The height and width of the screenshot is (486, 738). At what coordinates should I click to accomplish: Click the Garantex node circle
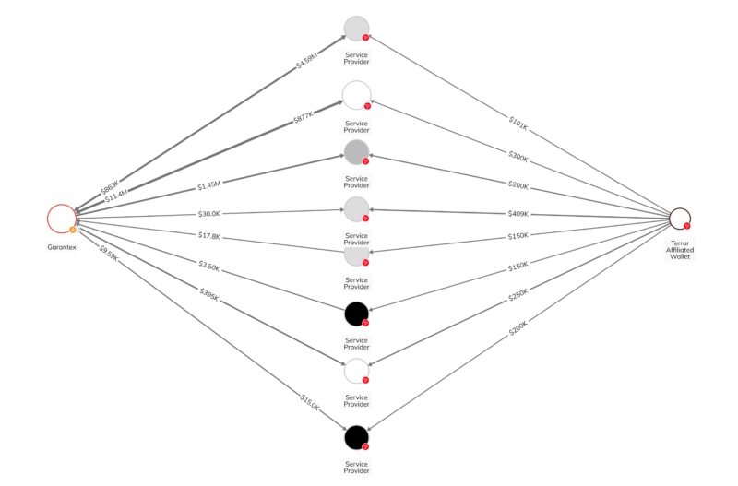click(62, 218)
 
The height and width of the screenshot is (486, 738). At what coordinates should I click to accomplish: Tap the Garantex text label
click(62, 248)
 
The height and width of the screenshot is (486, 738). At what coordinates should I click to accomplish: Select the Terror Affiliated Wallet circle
click(679, 218)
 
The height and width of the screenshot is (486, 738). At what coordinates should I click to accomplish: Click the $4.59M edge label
click(306, 62)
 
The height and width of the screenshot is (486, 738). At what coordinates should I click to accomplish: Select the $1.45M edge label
click(210, 185)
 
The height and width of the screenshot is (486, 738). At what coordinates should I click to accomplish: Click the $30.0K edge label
click(210, 214)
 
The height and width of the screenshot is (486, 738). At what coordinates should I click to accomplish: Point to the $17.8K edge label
click(210, 236)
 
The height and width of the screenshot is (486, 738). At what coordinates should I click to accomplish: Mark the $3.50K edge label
click(210, 266)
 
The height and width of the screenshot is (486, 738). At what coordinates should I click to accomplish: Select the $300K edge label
click(518, 158)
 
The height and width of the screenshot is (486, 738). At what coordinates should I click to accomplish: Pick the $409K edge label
click(518, 214)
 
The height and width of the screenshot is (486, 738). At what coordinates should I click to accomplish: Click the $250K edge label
click(518, 296)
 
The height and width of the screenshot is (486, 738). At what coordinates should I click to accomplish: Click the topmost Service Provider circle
click(356, 29)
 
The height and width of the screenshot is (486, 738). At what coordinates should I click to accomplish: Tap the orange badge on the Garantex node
click(72, 230)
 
